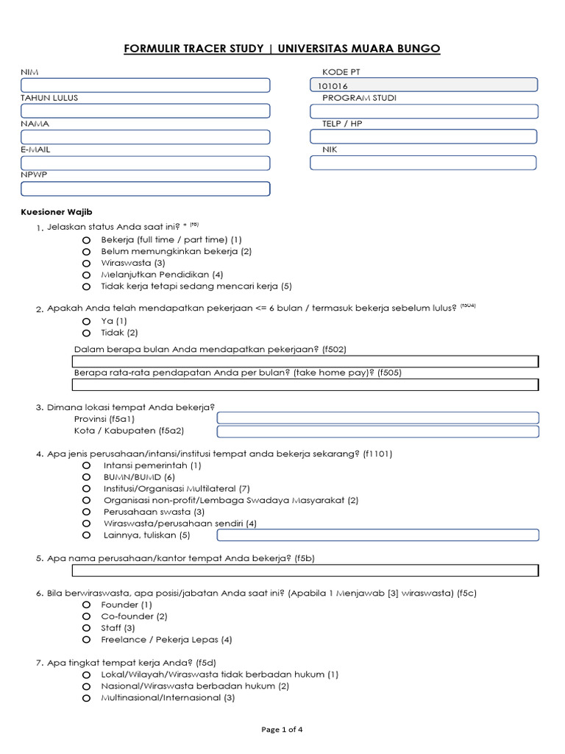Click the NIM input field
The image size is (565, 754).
click(x=145, y=85)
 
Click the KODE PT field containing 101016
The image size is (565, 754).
click(x=423, y=85)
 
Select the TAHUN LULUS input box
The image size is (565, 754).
click(x=145, y=111)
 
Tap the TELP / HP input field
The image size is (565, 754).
click(x=423, y=137)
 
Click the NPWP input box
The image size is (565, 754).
click(x=145, y=188)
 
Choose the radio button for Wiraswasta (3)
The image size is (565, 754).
click(x=86, y=263)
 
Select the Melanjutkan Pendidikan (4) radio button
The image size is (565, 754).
click(x=86, y=275)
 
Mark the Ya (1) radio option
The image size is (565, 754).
click(x=86, y=322)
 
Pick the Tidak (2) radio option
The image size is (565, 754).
click(x=86, y=334)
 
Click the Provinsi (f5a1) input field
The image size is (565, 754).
click(x=377, y=418)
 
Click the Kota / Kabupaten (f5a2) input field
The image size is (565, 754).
click(x=377, y=431)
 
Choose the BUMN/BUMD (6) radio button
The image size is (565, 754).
click(x=86, y=477)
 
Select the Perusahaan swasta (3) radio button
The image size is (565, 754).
click(x=86, y=512)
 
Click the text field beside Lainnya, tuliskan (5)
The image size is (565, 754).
click(x=377, y=535)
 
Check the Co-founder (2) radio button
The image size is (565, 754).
click(x=86, y=616)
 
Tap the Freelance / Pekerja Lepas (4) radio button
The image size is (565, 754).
click(x=86, y=640)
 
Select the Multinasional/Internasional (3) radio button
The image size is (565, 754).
click(x=86, y=698)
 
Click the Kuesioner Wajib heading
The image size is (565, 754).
click(x=56, y=212)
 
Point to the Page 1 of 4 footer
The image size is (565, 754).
click(x=282, y=730)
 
